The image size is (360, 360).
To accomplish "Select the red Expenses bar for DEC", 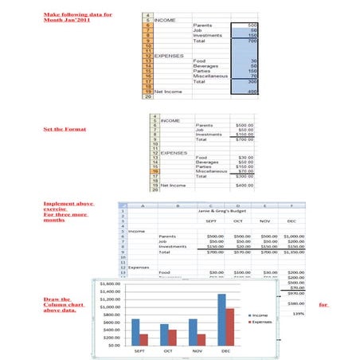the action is tap(229, 327).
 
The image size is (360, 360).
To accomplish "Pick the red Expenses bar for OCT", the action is tap(173, 337).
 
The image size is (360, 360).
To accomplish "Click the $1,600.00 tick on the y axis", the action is tap(109, 283).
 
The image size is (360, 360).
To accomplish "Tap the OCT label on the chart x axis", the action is tap(168, 351).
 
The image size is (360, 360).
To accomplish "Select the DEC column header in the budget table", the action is tap(292, 221).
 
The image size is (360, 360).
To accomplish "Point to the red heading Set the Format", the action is tap(65, 129).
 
